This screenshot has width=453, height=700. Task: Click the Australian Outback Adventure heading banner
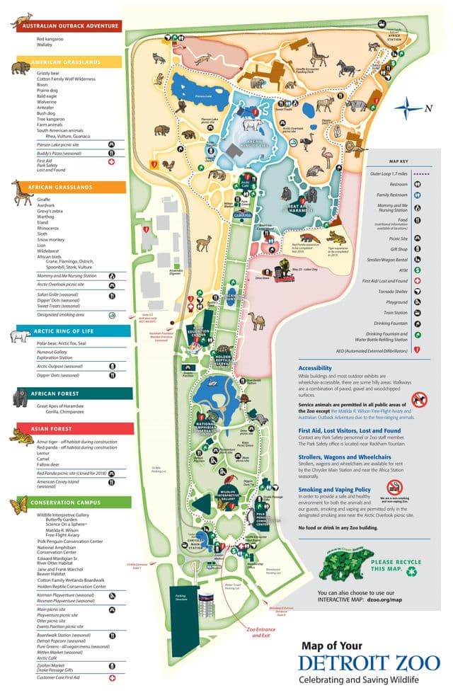[x=69, y=25]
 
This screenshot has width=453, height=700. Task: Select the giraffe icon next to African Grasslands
[x=20, y=193]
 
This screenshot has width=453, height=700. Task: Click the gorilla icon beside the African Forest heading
[x=21, y=398]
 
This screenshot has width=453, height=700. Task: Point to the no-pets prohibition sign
[x=420, y=399]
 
